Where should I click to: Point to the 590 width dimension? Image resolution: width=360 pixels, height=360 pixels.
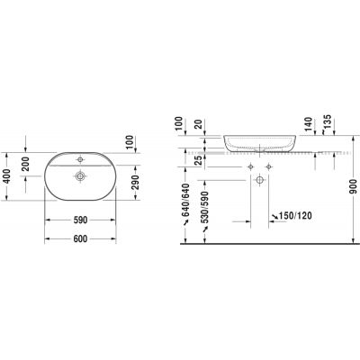point(79,219)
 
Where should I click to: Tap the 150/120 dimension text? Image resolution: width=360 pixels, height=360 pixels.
point(293,216)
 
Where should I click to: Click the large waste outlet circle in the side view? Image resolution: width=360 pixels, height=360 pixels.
point(260,181)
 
